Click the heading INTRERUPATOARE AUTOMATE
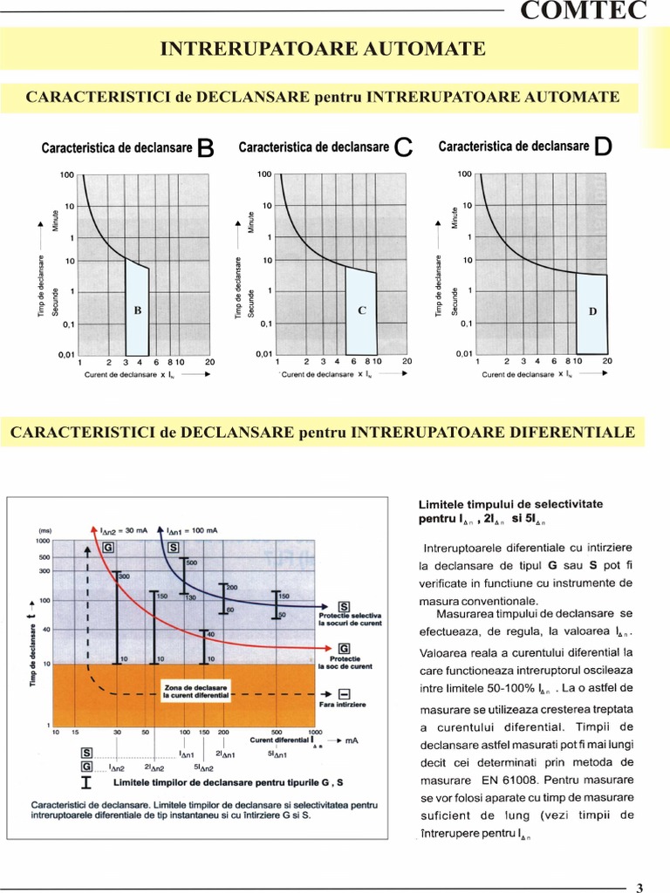tap(323, 49)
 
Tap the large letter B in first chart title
tap(206, 148)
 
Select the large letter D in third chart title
tap(603, 147)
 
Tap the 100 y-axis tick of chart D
tap(464, 174)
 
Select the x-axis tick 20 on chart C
tap(407, 361)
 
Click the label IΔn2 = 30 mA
tap(126, 528)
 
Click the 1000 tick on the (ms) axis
tap(43, 541)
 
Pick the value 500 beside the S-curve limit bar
tap(192, 562)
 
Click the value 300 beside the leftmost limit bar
tap(124, 576)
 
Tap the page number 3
tap(639, 888)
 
